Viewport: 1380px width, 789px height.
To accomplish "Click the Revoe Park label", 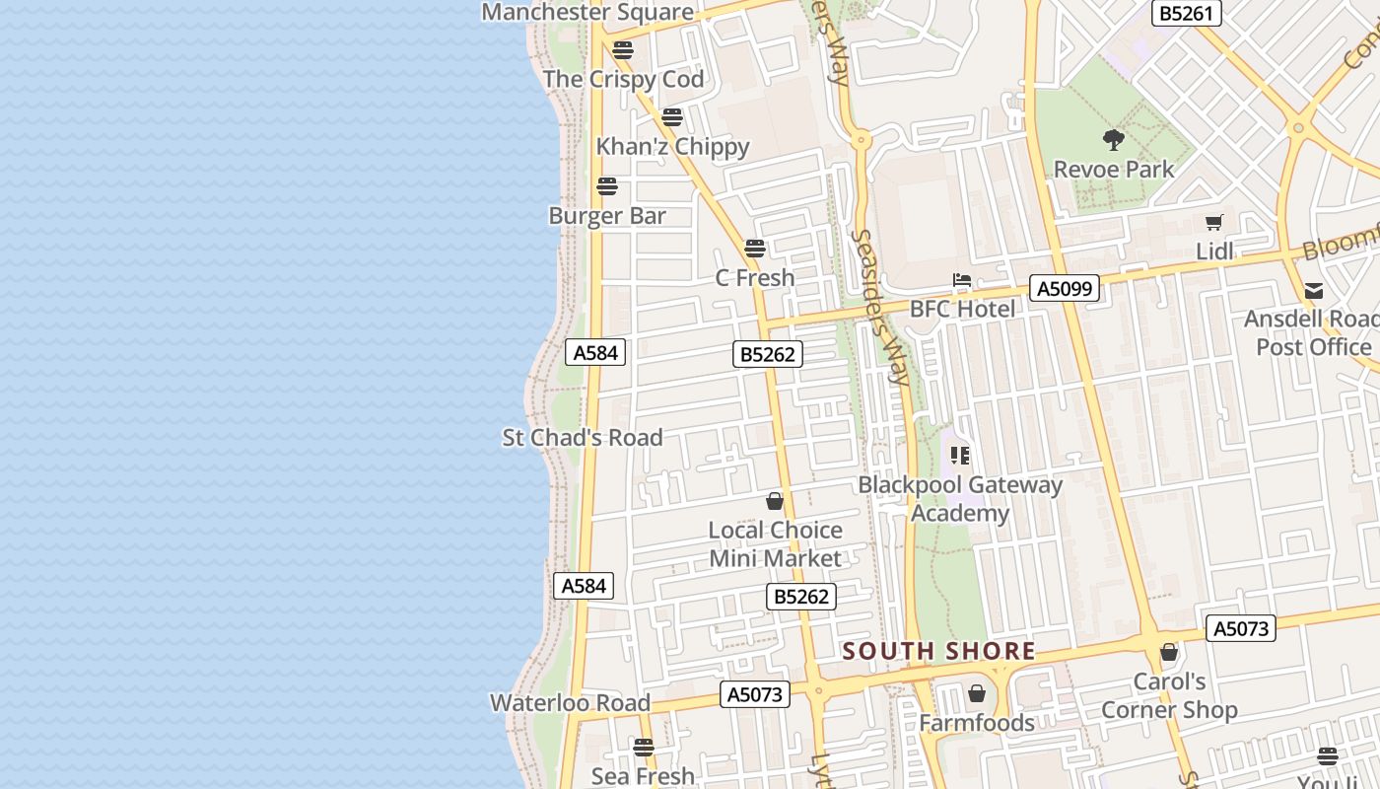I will pyautogui.click(x=1114, y=169).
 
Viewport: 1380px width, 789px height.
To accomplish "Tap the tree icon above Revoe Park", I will pyautogui.click(x=1114, y=140).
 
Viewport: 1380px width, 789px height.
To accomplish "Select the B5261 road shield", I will pyautogui.click(x=1187, y=13).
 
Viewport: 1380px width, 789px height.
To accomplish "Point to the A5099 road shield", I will pyautogui.click(x=1065, y=288).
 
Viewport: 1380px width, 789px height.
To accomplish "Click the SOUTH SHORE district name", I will pyautogui.click(x=938, y=651).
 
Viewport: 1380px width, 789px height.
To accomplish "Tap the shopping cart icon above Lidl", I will pyautogui.click(x=1214, y=223).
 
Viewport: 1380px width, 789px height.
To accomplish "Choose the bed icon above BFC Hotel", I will pyautogui.click(x=962, y=281).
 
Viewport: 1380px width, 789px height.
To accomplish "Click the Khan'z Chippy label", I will pyautogui.click(x=672, y=146).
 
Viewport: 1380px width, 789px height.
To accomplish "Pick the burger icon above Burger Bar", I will pyautogui.click(x=607, y=186).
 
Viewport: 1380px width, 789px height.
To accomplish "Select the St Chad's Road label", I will pyautogui.click(x=583, y=437).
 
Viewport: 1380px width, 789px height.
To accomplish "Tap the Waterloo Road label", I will pyautogui.click(x=571, y=702).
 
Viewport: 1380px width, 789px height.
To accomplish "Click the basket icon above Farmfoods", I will pyautogui.click(x=977, y=694).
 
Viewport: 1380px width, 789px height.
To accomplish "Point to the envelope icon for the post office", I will pyautogui.click(x=1313, y=291).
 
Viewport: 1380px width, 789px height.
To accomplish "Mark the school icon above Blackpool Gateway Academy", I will pyautogui.click(x=960, y=456).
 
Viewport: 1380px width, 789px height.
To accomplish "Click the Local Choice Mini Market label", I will pyautogui.click(x=776, y=543).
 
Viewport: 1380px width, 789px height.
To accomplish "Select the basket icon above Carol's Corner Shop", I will pyautogui.click(x=1169, y=652).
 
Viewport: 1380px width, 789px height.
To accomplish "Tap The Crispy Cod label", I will pyautogui.click(x=623, y=79).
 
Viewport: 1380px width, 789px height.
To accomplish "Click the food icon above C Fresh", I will pyautogui.click(x=755, y=249).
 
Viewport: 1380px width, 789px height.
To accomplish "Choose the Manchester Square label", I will pyautogui.click(x=587, y=12).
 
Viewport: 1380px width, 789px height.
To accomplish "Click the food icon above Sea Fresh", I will pyautogui.click(x=644, y=748).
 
